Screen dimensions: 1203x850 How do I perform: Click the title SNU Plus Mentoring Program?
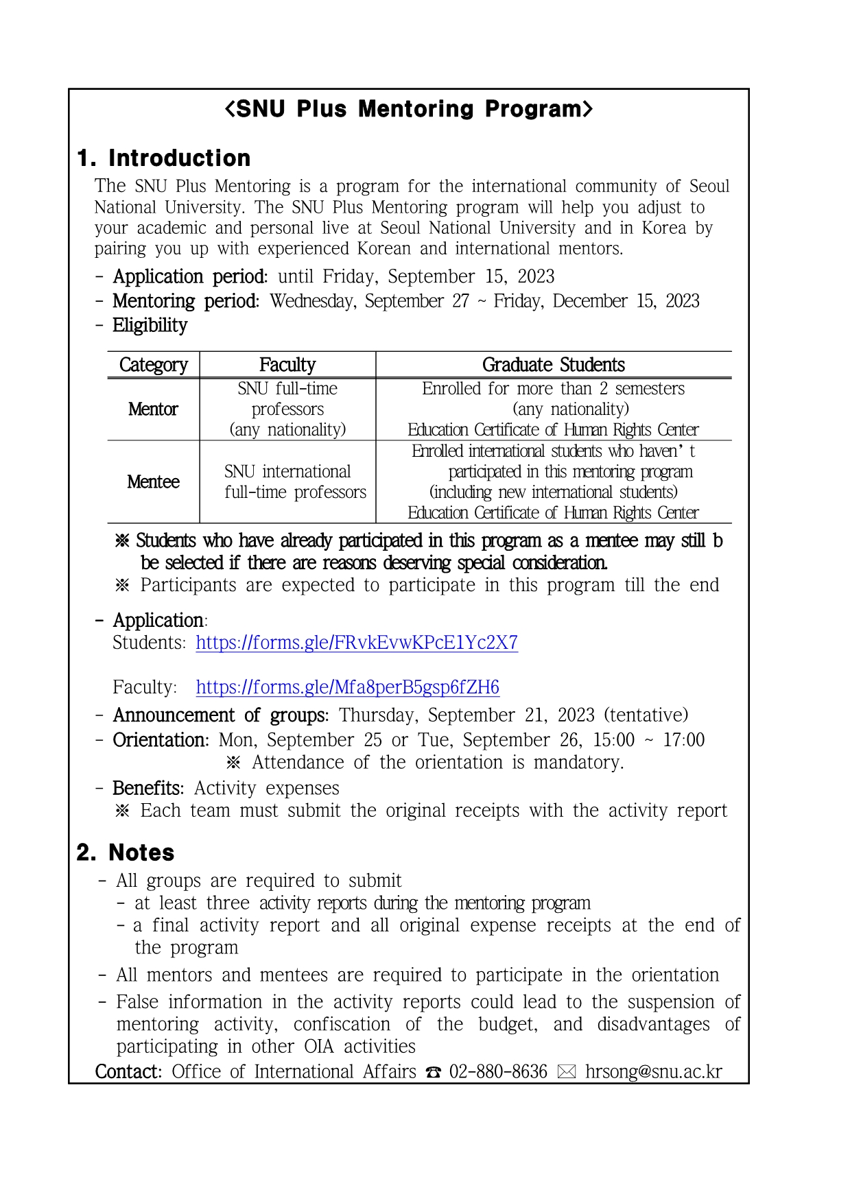tap(408, 109)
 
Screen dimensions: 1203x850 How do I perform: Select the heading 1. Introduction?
tap(164, 158)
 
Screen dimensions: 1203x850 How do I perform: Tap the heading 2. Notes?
tap(126, 853)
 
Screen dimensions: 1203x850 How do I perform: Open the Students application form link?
tap(357, 643)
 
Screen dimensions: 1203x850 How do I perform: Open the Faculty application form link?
tap(347, 687)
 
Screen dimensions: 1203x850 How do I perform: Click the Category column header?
tap(153, 365)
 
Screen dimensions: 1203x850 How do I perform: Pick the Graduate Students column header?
tap(553, 365)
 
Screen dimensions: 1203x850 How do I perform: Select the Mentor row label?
tap(153, 409)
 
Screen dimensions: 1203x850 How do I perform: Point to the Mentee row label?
tap(153, 482)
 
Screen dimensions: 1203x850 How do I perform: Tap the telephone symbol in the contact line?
tap(433, 1073)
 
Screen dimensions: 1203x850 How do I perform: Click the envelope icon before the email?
tap(567, 1073)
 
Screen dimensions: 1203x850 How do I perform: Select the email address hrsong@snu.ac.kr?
tap(653, 1072)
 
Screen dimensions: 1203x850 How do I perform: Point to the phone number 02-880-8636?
tap(498, 1072)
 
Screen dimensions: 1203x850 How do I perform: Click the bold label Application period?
tap(190, 277)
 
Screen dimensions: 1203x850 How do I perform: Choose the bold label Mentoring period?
tap(186, 302)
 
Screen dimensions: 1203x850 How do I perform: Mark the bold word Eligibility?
tap(150, 326)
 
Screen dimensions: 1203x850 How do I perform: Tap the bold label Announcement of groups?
tap(220, 715)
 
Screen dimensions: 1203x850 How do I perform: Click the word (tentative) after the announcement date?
tap(646, 715)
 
